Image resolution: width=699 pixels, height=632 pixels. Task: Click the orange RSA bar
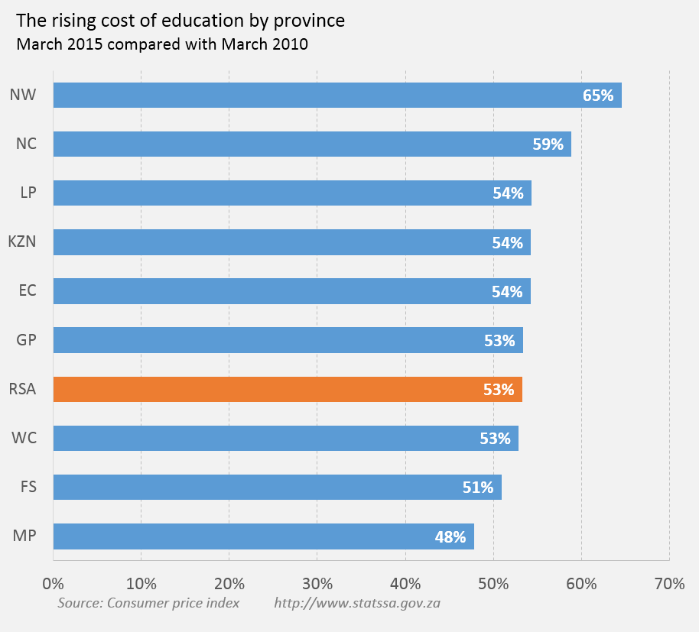[x=288, y=390]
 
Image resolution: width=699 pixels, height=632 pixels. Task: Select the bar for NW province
[x=336, y=96]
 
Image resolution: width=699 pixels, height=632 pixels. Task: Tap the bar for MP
[x=263, y=536]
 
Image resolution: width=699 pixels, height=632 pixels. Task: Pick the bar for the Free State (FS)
[x=277, y=488]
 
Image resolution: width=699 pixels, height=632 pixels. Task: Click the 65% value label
[x=598, y=96]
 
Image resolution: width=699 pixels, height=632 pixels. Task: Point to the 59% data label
[x=548, y=144]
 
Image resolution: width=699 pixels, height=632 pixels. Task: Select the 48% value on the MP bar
[x=450, y=537]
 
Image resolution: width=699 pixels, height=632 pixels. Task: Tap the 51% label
[x=478, y=488]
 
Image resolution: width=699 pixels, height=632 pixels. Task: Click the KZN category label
[x=22, y=242]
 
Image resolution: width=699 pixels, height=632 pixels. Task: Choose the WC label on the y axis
[x=24, y=439]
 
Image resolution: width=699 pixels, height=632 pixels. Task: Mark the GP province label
[x=26, y=340]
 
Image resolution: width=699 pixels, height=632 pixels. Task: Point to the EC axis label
[x=27, y=291]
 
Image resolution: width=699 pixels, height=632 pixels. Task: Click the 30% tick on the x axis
[x=317, y=585]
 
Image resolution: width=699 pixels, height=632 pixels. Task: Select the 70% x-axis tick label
[x=669, y=585]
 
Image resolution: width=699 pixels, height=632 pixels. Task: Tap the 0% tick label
[x=53, y=585]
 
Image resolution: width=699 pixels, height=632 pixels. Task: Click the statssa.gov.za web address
[x=357, y=603]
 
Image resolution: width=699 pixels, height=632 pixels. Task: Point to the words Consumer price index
[x=174, y=603]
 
